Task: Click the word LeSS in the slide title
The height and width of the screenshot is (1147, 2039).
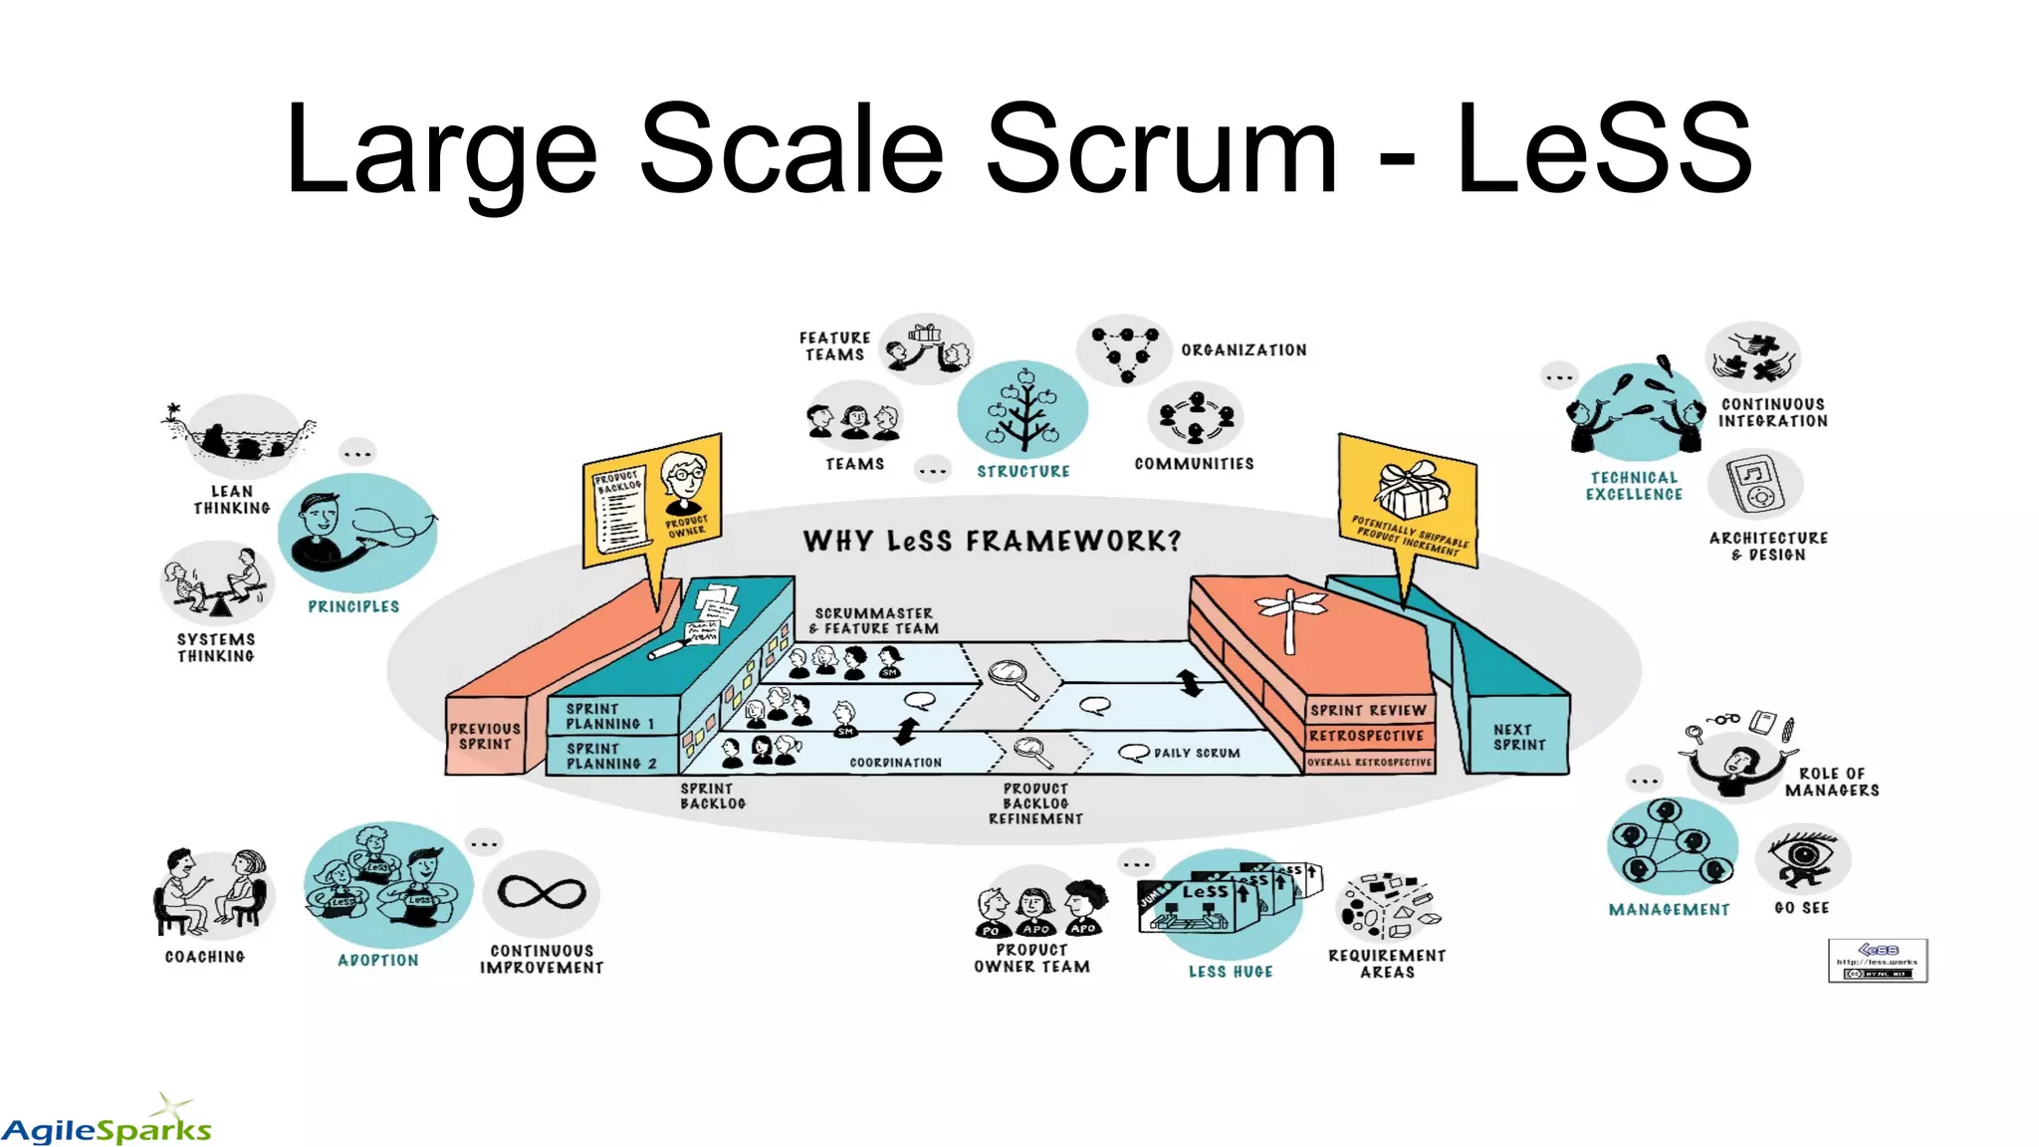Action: click(1603, 149)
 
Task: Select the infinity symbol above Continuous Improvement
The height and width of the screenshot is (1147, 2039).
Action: click(542, 892)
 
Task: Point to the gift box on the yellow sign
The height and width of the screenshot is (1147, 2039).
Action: click(1412, 488)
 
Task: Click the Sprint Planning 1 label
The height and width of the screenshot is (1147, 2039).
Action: click(609, 716)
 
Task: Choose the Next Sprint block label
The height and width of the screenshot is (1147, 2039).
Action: click(1519, 737)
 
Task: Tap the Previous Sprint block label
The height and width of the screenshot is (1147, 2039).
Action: click(485, 736)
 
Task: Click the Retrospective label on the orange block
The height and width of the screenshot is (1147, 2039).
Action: click(1366, 736)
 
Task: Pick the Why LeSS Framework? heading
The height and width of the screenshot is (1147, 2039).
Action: click(992, 541)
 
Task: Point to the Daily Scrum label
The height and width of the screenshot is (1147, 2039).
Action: click(1196, 753)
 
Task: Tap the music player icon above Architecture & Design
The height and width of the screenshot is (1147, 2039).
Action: click(1755, 484)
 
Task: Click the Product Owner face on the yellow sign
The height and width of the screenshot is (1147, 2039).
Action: click(685, 482)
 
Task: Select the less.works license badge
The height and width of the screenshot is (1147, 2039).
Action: click(1877, 961)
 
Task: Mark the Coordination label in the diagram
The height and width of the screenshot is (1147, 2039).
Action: click(895, 763)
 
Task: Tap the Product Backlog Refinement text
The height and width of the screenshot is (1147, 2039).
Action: click(1035, 803)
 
